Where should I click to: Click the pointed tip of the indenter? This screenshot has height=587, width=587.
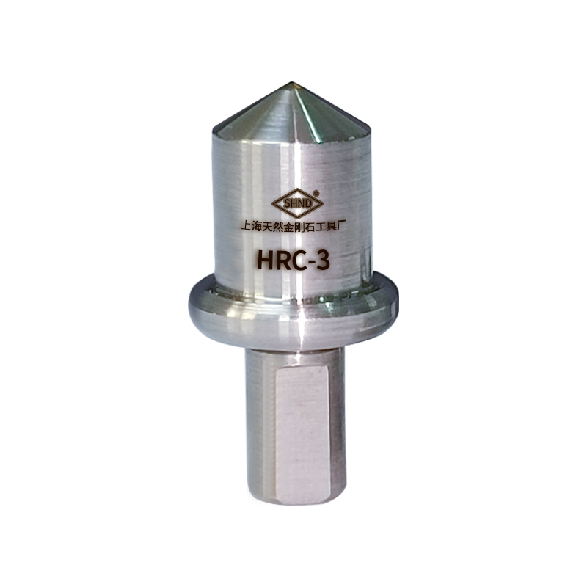tap(291, 82)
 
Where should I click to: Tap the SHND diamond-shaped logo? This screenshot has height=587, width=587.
tap(297, 204)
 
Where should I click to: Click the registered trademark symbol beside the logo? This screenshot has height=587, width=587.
tap(317, 193)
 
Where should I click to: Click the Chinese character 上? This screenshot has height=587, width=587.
tap(246, 227)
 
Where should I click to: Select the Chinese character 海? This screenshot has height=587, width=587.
tap(257, 227)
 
